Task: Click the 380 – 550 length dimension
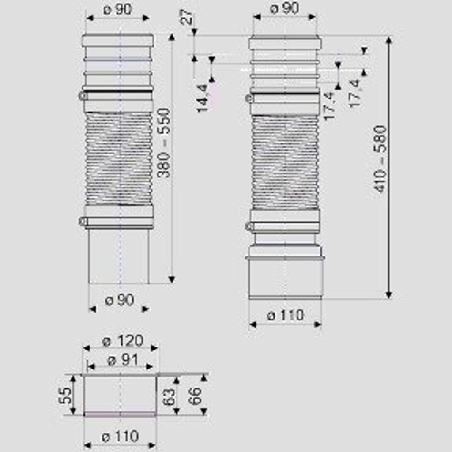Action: (164, 143)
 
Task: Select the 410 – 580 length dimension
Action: (380, 159)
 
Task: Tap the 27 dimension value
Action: (188, 16)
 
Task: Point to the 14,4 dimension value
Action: (203, 98)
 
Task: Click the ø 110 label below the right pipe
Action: (286, 315)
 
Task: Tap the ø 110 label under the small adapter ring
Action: (120, 437)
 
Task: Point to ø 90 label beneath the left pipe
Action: (119, 300)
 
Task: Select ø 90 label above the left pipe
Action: (117, 9)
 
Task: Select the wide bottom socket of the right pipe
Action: (286, 279)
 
